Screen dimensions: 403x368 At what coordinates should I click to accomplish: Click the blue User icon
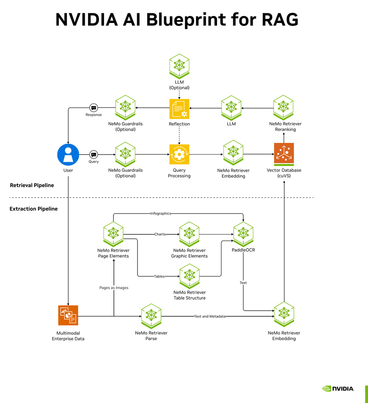tap(68, 155)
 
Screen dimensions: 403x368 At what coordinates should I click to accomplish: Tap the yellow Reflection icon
tap(179, 109)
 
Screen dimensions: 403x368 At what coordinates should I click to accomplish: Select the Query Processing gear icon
tap(179, 155)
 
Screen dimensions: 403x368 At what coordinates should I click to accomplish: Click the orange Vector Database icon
tap(284, 153)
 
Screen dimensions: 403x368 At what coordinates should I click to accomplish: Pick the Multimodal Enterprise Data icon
tap(68, 315)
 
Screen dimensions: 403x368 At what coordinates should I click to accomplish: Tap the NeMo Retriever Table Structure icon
tap(189, 276)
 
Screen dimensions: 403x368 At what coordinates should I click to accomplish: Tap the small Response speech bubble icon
tap(94, 108)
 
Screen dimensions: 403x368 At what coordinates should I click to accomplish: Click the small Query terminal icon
tap(94, 155)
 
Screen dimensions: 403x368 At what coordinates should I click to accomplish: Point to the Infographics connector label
tap(161, 213)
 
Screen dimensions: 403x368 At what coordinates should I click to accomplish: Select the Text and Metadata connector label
tap(210, 316)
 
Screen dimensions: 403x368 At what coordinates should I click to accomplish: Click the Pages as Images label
tap(114, 288)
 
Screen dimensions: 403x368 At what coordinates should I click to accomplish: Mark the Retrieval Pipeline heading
tap(32, 185)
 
